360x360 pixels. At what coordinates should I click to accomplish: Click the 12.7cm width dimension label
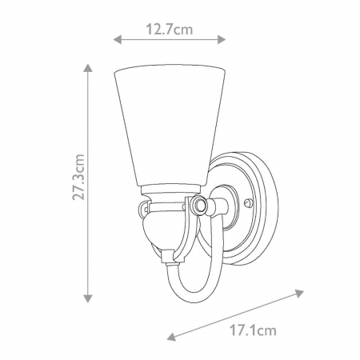click(169, 30)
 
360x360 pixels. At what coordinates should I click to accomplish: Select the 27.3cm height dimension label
click(78, 177)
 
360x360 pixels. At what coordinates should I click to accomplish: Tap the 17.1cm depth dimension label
click(253, 331)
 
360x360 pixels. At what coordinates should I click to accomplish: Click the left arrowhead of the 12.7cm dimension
click(118, 39)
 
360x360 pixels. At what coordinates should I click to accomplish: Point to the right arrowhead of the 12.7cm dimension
click(222, 39)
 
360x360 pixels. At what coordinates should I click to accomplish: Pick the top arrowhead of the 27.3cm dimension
click(88, 68)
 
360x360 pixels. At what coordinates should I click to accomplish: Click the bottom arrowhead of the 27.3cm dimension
click(88, 298)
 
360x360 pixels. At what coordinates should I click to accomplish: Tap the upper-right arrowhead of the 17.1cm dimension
click(299, 294)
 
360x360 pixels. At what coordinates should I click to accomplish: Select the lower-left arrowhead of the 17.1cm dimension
click(172, 336)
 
